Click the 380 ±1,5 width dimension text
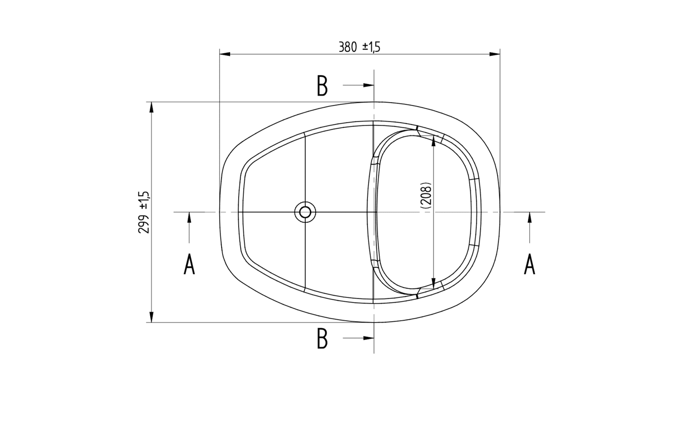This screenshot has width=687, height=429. [359, 47]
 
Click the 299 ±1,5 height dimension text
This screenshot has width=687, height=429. [144, 212]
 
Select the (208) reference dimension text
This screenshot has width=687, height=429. [426, 196]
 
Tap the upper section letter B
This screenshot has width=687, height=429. [322, 86]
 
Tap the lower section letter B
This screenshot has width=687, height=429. [322, 339]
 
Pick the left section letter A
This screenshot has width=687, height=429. [189, 265]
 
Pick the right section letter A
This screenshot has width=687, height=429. [530, 265]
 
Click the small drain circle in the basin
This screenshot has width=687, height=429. [305, 212]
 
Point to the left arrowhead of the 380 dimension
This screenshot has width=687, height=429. [225, 54]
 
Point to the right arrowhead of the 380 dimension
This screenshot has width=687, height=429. [495, 54]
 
